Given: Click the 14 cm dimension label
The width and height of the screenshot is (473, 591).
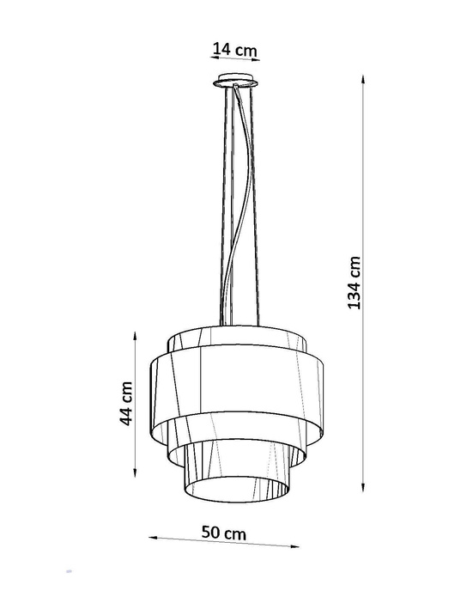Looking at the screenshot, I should pos(235,49).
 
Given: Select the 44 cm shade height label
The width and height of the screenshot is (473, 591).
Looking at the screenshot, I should pos(125,404).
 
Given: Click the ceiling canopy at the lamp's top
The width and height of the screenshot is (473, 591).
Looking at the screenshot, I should pos(235,82).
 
